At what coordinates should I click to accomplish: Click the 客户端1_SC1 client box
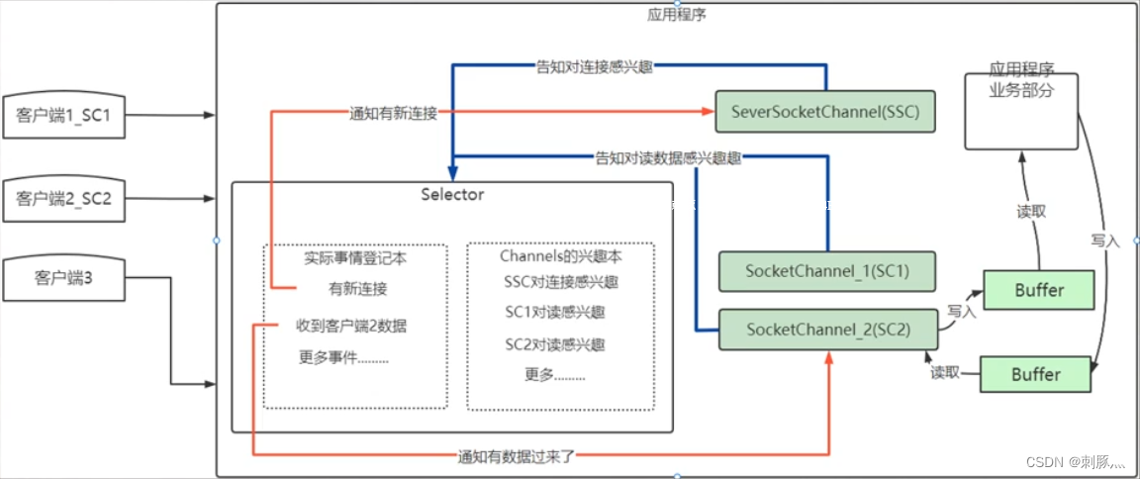(x=63, y=116)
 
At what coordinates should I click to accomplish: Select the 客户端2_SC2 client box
(x=63, y=199)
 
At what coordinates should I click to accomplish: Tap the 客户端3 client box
(x=63, y=278)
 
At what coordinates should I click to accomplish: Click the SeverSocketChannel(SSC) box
(x=825, y=112)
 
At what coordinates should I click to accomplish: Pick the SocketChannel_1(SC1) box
(x=826, y=269)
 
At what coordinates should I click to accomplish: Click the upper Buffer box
(x=1038, y=290)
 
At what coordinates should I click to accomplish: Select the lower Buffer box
(x=1035, y=374)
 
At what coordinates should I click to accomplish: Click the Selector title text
(x=452, y=194)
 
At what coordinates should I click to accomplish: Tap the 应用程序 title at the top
(x=677, y=15)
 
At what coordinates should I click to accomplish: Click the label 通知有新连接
(x=394, y=113)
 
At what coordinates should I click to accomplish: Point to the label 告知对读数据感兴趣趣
(x=668, y=156)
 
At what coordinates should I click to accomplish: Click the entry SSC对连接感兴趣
(x=560, y=282)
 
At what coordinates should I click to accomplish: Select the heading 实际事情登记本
(x=354, y=257)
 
